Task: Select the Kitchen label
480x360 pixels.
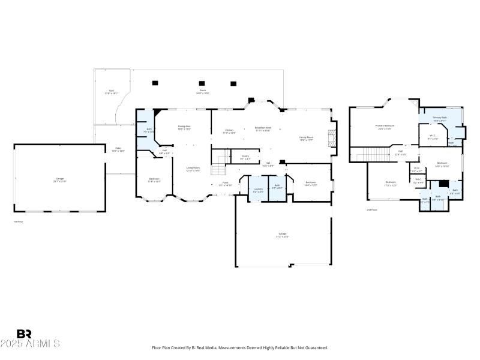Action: click(229, 130)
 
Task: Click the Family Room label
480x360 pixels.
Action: click(307, 137)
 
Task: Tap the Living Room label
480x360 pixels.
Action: click(193, 168)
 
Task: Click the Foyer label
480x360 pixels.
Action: click(225, 182)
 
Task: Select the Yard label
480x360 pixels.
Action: click(110, 91)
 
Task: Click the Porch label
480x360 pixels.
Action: click(203, 91)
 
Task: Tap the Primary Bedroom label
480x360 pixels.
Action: click(385, 126)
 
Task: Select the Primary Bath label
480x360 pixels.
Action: click(440, 118)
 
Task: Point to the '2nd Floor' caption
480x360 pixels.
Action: click(371, 209)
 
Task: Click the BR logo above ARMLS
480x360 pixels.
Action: click(24, 334)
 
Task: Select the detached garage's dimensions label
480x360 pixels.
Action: click(60, 181)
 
